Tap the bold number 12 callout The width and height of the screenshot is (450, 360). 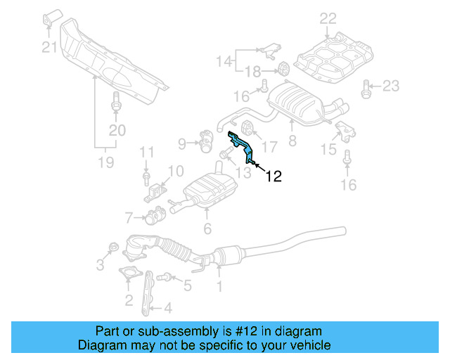274,176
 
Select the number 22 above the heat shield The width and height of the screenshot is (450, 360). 328,18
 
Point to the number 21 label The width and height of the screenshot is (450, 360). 48,47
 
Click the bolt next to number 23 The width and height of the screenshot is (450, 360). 366,86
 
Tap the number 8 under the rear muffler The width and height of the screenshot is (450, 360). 292,141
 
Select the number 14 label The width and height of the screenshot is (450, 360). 224,60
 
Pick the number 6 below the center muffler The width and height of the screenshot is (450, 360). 207,228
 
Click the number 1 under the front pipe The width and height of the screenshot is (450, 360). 219,285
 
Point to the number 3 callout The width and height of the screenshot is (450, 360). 100,264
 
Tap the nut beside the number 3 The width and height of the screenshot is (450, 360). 112,247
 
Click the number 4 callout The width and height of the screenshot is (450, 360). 167,307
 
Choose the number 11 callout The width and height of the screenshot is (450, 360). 146,151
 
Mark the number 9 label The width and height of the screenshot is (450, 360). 181,144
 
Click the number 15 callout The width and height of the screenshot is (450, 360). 328,149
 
